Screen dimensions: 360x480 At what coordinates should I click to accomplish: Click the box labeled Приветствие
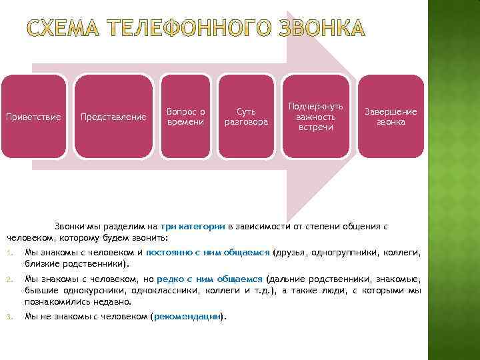(33, 117)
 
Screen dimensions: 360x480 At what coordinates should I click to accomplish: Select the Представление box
(113, 117)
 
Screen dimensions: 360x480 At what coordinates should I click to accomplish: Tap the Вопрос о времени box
(186, 117)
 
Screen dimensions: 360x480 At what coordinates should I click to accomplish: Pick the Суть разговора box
(246, 117)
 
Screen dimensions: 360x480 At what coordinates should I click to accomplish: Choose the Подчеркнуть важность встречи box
(316, 117)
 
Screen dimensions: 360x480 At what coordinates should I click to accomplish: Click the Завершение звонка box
(391, 117)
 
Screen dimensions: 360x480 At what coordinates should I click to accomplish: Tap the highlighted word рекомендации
(187, 316)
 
